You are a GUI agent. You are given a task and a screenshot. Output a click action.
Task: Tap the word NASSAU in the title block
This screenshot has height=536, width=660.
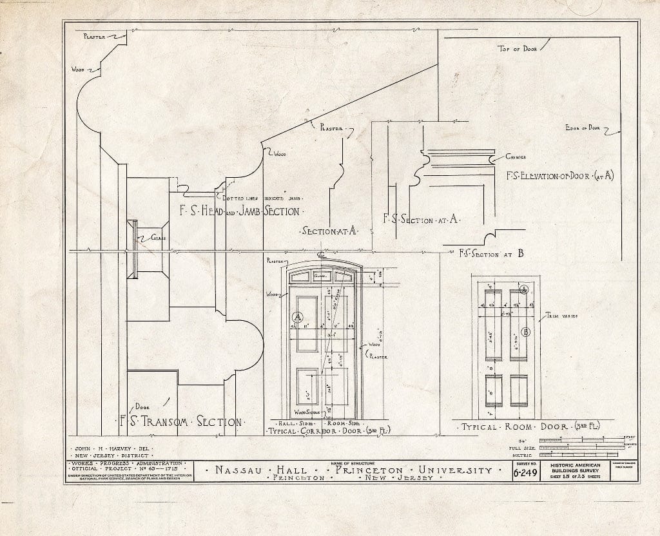238,470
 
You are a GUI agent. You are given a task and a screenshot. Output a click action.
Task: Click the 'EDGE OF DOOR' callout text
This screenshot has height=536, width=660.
581,128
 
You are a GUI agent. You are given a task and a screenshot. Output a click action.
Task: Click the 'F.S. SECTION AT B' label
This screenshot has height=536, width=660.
482,253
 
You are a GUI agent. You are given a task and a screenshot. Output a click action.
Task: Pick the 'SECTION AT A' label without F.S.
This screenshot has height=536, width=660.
329,231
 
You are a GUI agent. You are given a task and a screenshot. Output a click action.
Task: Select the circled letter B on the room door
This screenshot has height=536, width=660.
525,332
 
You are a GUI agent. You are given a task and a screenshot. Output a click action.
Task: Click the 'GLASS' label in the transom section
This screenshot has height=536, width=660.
159,238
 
